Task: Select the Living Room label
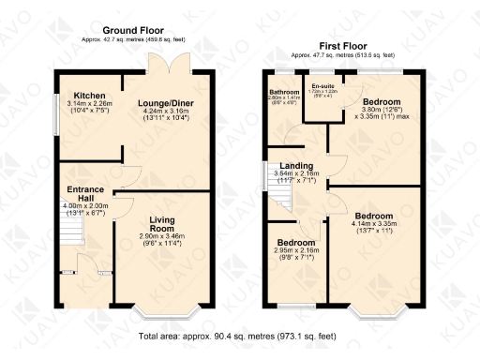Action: (162, 224)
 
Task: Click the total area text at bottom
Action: (236, 335)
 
